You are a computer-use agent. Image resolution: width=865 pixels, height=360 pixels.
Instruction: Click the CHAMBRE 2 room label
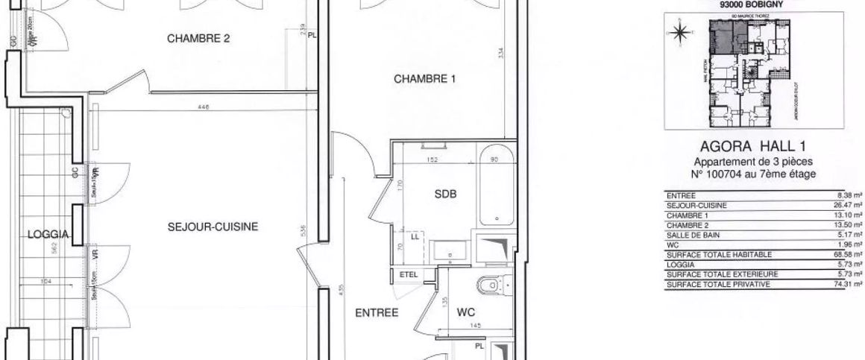[x=198, y=41]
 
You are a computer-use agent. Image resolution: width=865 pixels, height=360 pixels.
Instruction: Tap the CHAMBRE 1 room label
[x=425, y=78]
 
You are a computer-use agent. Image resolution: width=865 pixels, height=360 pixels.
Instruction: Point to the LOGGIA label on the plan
[x=48, y=234]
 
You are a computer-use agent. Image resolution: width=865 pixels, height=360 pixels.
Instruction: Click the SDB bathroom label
[x=444, y=194]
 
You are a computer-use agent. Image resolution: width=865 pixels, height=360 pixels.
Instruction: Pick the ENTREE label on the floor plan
[x=377, y=313]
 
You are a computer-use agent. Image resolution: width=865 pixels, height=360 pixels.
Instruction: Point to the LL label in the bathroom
[x=414, y=238]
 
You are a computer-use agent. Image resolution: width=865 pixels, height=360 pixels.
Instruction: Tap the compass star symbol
[x=679, y=32]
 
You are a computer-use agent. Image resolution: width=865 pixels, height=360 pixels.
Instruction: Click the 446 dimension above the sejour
[x=204, y=107]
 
